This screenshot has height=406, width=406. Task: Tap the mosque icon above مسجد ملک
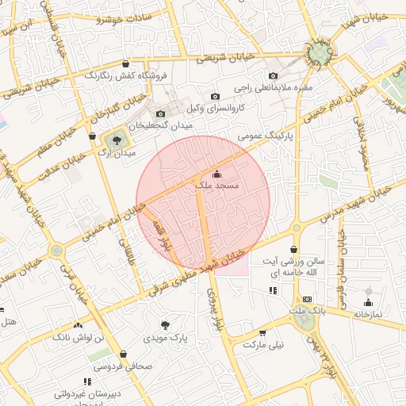(217, 173)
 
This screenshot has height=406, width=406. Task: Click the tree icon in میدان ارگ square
(117, 140)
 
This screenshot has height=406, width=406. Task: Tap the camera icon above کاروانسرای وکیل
(215, 96)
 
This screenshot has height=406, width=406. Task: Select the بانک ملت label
(308, 312)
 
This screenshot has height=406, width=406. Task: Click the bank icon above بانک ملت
(308, 299)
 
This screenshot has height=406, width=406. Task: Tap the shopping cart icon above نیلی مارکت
(262, 332)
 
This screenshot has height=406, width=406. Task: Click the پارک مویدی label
(166, 337)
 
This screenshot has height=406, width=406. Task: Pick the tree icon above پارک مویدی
(166, 324)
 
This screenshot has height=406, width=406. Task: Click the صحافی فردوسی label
(119, 367)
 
